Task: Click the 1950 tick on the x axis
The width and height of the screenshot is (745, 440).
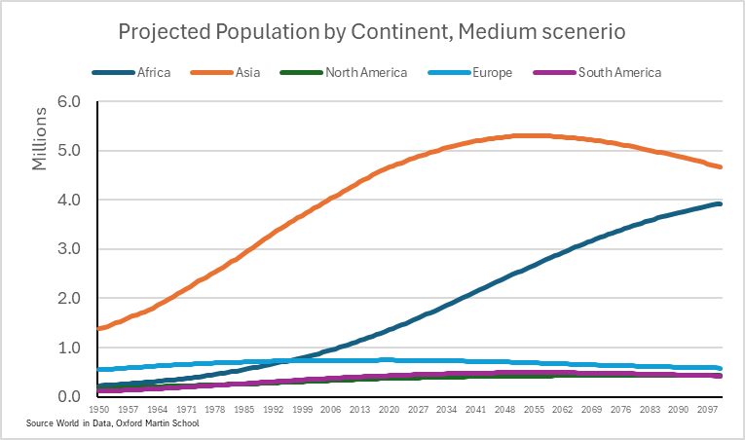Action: coord(99,413)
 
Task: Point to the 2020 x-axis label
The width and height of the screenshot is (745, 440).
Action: coord(389,413)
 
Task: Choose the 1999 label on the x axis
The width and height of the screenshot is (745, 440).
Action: coord(303,413)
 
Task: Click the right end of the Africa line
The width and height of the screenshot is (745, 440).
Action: coord(720,203)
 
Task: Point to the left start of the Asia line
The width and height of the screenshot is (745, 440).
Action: coord(99,328)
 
